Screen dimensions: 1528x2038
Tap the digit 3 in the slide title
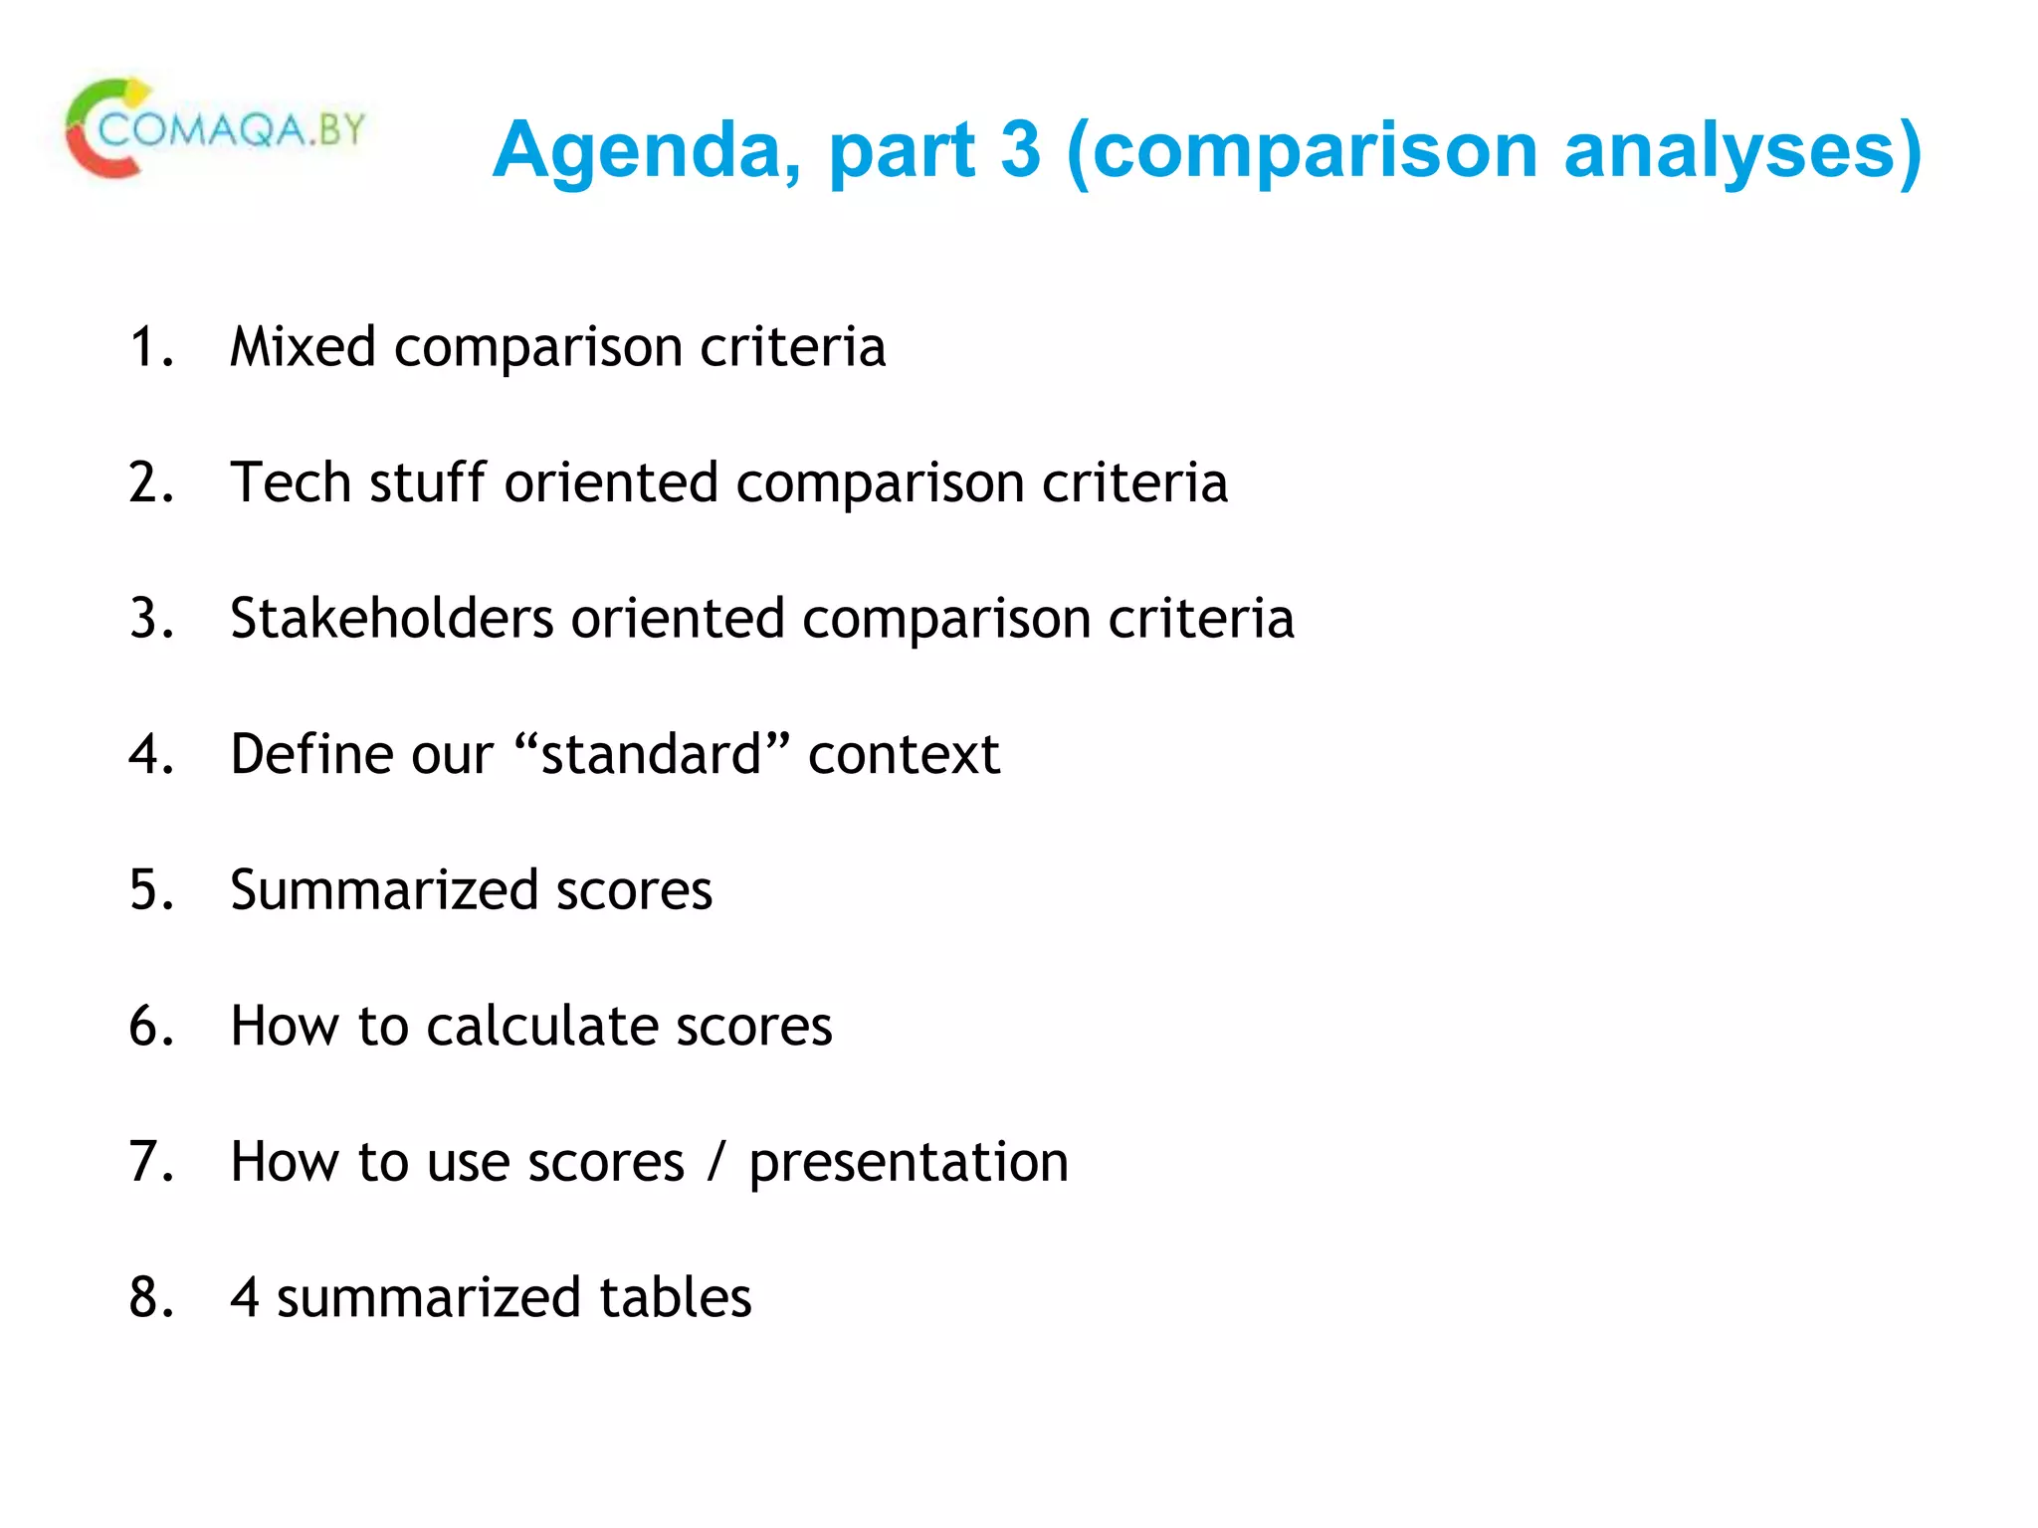(1020, 151)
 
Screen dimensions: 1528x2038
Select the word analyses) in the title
(1741, 151)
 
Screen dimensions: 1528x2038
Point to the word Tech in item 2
(290, 483)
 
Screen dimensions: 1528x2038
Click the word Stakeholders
(391, 619)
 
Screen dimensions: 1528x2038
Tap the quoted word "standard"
(652, 754)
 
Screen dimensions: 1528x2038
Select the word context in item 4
(904, 754)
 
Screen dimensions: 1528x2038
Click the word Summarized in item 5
(383, 890)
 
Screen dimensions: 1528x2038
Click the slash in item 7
(715, 1162)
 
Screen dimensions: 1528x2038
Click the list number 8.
(149, 1297)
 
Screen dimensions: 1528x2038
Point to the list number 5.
(149, 890)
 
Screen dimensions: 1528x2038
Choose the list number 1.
(149, 347)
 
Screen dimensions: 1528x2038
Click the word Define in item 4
(311, 754)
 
